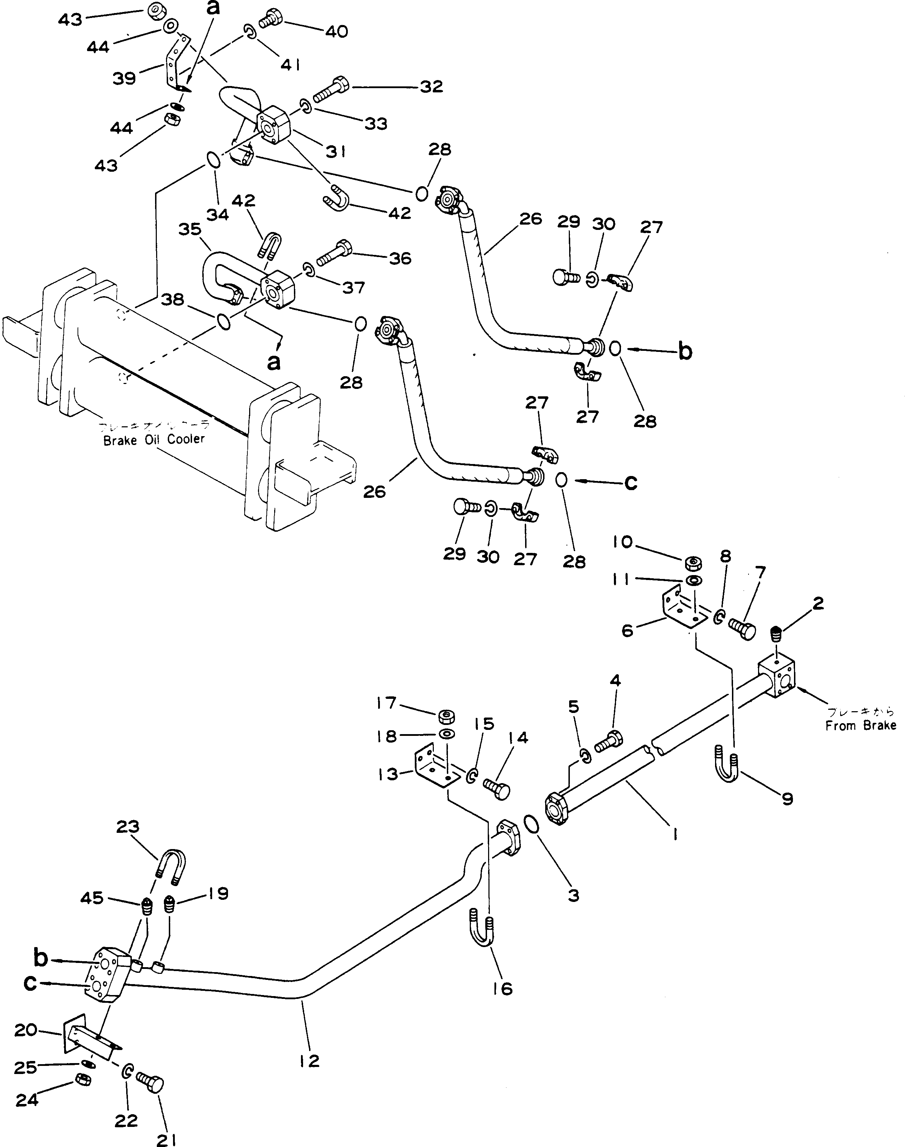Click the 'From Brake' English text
click(x=861, y=726)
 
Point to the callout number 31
click(x=336, y=152)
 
